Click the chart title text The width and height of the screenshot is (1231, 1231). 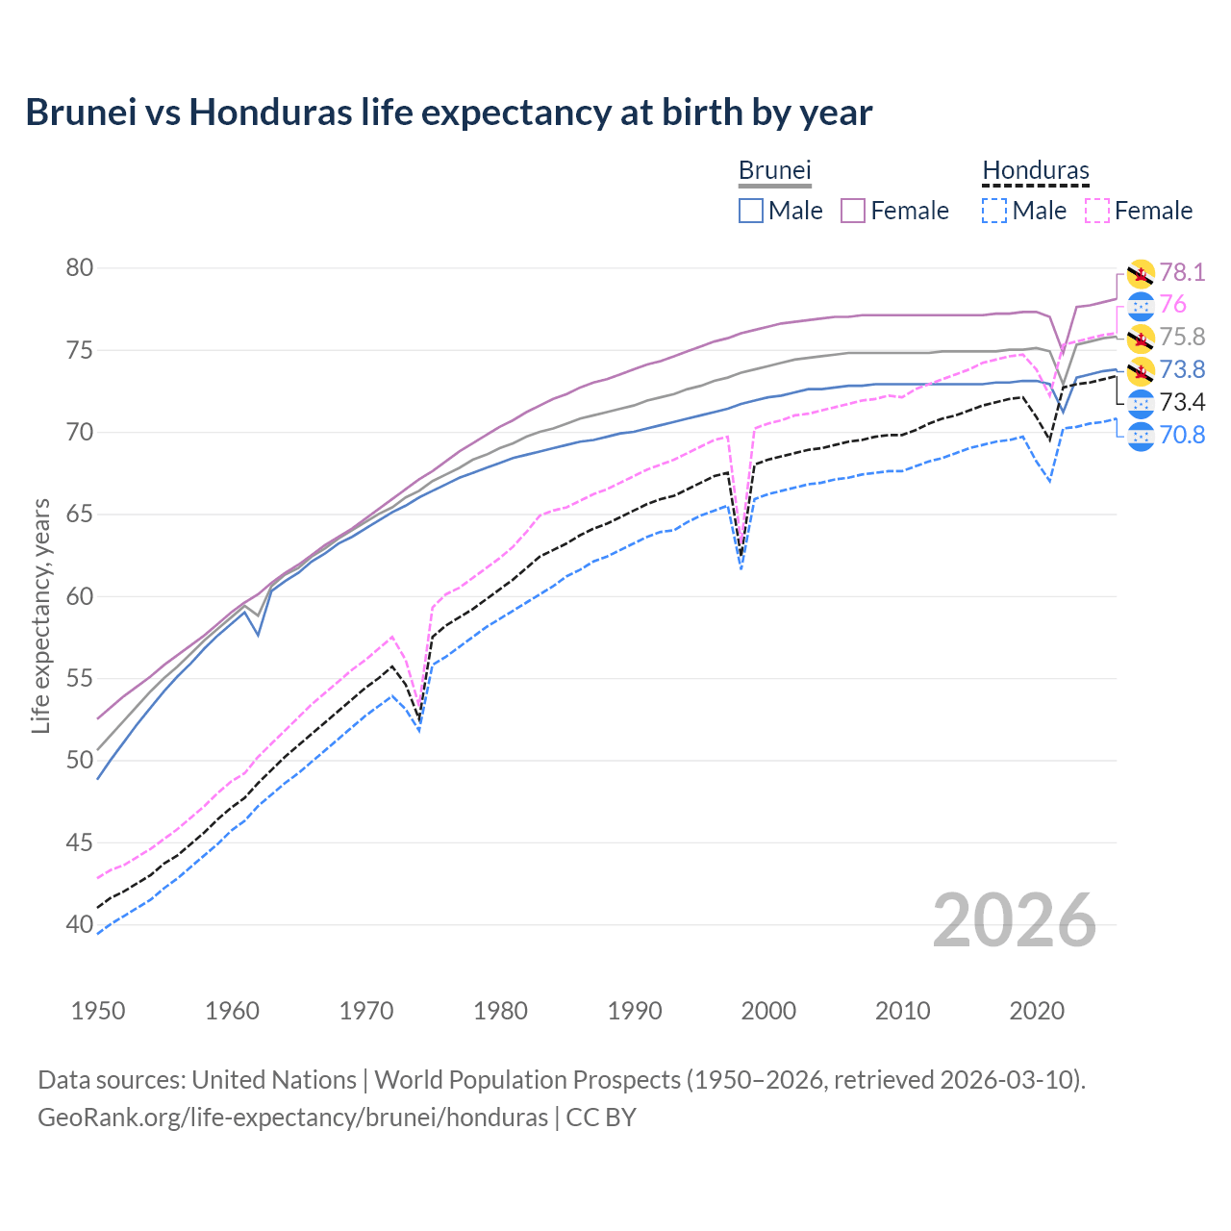coord(448,113)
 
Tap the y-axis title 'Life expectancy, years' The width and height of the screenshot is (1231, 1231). coord(40,615)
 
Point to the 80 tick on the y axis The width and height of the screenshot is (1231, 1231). coord(80,267)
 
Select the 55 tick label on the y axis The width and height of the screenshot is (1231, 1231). coord(80,678)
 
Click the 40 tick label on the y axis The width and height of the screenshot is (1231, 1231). coord(80,924)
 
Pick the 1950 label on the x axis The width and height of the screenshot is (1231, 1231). coord(98,1011)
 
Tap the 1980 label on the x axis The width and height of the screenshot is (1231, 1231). coord(500,1011)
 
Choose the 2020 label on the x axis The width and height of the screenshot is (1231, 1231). coord(1037,1011)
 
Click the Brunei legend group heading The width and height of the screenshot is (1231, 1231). coord(774,170)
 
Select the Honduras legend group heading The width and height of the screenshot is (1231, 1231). coord(1036,170)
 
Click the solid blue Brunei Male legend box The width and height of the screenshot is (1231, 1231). coord(751,211)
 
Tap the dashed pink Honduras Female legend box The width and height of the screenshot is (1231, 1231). coord(1097,211)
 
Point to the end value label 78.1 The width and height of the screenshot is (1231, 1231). coord(1182,272)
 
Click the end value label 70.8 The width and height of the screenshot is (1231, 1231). coord(1182,435)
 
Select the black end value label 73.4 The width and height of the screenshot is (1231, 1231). coord(1182,402)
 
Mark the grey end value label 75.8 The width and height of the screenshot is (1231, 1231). coord(1182,337)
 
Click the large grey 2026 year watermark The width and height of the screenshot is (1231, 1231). coord(1014,920)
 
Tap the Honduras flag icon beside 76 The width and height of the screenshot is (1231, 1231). coord(1141,305)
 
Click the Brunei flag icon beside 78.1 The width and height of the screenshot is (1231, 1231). coord(1141,273)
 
